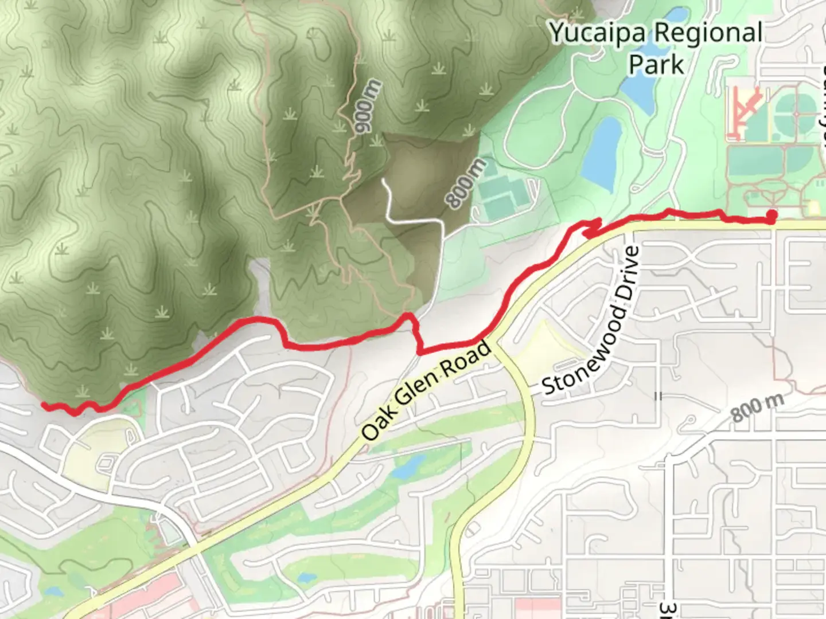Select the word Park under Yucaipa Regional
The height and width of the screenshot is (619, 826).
656,64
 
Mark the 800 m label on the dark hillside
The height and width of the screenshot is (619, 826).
466,182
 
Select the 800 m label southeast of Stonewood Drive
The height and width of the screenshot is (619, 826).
757,407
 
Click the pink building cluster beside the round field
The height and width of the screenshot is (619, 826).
745,112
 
